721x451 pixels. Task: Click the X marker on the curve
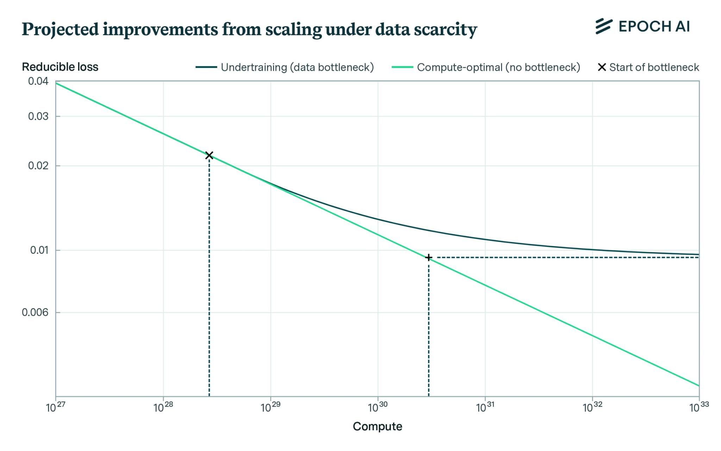tap(209, 155)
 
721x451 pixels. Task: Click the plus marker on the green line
tap(428, 258)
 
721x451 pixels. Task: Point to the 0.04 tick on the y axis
tap(38, 81)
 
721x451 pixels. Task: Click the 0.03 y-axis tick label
tap(38, 116)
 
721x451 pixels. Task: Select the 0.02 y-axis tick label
tap(38, 166)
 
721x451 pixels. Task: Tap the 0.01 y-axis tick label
tap(39, 250)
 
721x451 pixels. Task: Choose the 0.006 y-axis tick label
tap(35, 313)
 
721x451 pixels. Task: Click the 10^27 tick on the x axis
tap(56, 407)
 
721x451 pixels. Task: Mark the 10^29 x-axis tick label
tap(270, 407)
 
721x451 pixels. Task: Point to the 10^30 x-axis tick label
tap(378, 407)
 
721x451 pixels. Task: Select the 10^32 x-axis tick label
tap(593, 407)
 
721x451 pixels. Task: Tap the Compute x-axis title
tap(377, 426)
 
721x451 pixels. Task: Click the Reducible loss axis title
tap(60, 67)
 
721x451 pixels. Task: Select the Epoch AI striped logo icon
tap(604, 26)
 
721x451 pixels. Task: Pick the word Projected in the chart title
tap(60, 30)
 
